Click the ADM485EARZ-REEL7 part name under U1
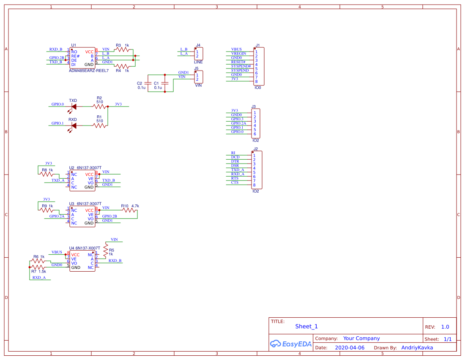(88, 71)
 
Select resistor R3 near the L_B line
(123, 49)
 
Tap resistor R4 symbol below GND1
(123, 66)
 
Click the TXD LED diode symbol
(74, 106)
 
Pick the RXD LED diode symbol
(74, 125)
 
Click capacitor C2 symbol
(148, 83)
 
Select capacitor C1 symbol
(165, 83)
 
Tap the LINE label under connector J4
(198, 62)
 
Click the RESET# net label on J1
(238, 62)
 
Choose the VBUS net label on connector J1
(236, 49)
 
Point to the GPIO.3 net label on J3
(237, 119)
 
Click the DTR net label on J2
(235, 161)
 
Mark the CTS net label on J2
(235, 183)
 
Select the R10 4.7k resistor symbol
(130, 210)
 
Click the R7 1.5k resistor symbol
(38, 267)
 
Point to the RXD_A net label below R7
(39, 278)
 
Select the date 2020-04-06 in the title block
(349, 348)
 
